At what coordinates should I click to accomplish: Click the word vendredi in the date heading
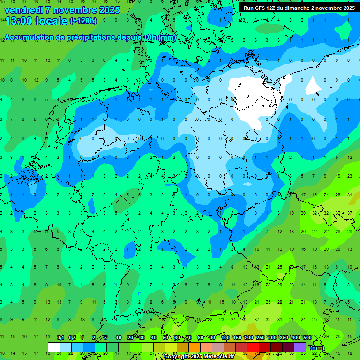tap(23, 10)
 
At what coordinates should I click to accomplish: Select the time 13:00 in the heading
tap(19, 21)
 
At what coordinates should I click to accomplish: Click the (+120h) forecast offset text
tap(83, 21)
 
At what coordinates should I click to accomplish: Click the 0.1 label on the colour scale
tap(60, 337)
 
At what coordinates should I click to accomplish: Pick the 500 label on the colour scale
tap(307, 337)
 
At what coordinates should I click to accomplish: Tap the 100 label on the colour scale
tap(225, 337)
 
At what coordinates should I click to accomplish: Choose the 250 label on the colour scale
tap(260, 337)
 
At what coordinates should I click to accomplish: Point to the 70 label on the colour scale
tap(189, 337)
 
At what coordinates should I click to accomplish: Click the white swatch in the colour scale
tap(54, 347)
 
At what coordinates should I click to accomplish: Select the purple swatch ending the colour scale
tap(300, 347)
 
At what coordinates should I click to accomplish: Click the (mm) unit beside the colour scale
tap(317, 348)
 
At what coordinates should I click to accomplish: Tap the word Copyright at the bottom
tap(178, 357)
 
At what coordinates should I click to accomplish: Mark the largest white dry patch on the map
tap(248, 101)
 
